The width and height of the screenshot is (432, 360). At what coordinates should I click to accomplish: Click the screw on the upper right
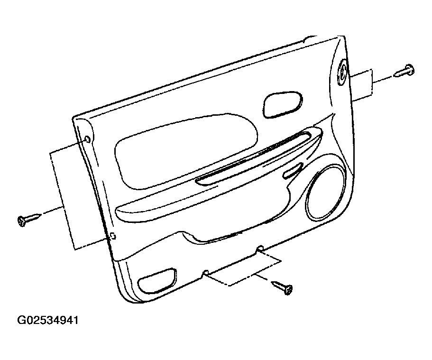[x=404, y=71]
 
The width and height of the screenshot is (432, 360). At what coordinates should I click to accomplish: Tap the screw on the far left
[x=29, y=220]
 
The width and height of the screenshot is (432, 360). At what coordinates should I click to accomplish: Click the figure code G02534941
[x=48, y=320]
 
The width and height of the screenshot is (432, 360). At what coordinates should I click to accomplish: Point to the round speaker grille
[x=326, y=193]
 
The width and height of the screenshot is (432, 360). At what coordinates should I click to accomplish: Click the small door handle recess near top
[x=283, y=104]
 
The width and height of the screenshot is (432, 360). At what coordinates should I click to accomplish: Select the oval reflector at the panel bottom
[x=157, y=280]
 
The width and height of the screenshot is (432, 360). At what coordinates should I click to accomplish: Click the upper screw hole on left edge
[x=87, y=139]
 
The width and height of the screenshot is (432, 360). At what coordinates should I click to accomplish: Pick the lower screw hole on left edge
[x=112, y=236]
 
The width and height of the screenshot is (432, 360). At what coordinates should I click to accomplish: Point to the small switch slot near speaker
[x=294, y=170]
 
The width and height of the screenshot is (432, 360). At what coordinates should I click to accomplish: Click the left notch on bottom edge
[x=205, y=272]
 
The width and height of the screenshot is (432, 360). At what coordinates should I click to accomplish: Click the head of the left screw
[x=21, y=222]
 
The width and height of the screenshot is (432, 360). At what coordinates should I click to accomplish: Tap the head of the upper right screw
[x=410, y=69]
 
